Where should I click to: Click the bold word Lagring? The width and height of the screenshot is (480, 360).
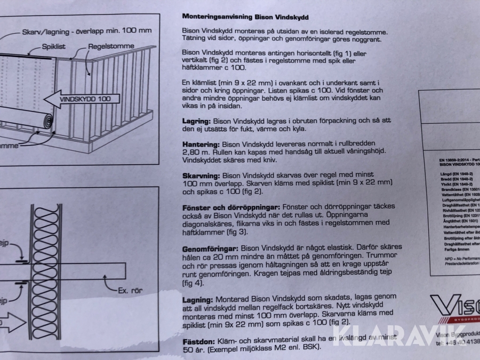[198, 121]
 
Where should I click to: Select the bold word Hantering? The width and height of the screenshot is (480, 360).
[201, 145]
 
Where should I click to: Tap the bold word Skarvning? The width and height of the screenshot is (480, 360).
[202, 175]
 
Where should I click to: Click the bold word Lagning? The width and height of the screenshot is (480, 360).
[198, 300]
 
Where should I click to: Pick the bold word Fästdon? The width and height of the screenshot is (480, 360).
[198, 341]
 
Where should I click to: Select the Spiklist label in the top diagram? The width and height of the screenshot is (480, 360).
[54, 46]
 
